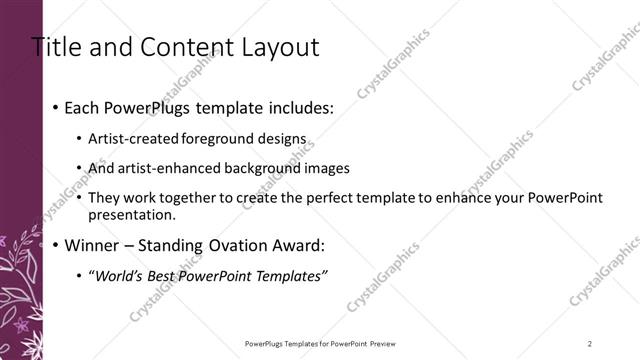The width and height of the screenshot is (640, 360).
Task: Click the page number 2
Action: point(590,343)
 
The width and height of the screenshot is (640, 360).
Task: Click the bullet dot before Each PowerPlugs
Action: point(55,108)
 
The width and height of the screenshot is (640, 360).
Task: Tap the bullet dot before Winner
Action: point(55,245)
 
